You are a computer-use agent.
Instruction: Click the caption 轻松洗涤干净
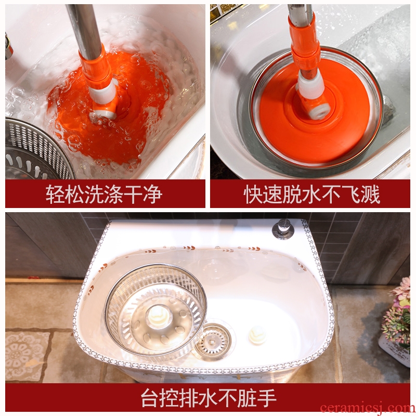tap(103, 194)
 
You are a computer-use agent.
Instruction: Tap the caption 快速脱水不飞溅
tap(311, 194)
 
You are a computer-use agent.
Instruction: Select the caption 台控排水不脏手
tap(209, 398)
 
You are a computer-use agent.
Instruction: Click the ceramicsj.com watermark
tap(368, 408)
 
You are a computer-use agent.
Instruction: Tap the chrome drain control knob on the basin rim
tap(283, 229)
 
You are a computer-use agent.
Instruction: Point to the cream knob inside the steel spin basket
tap(158, 316)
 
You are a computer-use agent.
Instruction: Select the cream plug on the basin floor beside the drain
tap(257, 335)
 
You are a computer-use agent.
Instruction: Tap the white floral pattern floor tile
tap(26, 356)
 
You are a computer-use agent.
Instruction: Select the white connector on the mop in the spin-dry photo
tap(310, 84)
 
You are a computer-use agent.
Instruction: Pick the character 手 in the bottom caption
tap(267, 398)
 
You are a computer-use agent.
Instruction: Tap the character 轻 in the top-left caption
tap(56, 194)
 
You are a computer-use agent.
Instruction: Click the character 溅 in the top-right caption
tap(371, 194)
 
